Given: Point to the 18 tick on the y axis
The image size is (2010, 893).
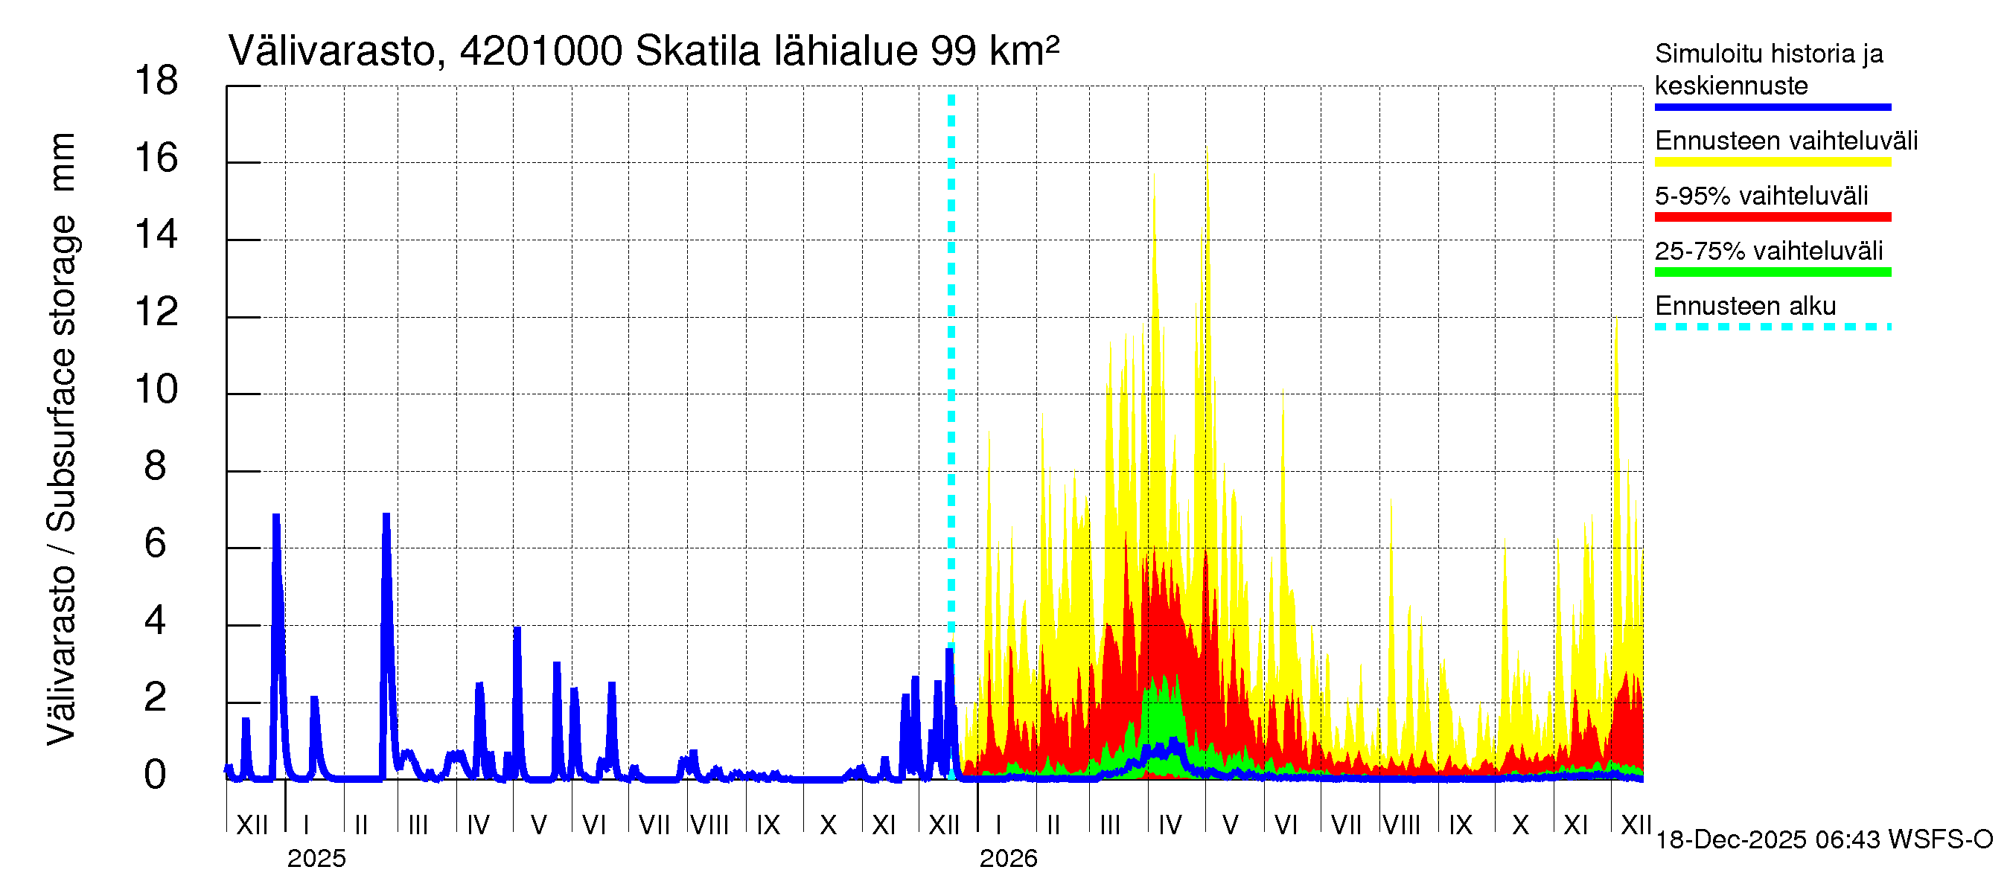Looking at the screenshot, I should (x=157, y=80).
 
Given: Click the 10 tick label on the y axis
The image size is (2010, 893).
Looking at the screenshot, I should (x=157, y=388).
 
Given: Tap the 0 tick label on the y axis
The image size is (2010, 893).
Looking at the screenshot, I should (x=156, y=775).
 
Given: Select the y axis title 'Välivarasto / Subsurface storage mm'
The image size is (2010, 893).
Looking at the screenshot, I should (x=62, y=438).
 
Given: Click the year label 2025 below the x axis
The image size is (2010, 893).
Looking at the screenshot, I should (x=316, y=859).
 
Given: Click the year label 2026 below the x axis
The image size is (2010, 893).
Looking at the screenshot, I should (x=1008, y=859).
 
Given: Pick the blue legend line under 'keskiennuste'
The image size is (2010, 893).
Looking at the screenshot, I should (x=1772, y=107).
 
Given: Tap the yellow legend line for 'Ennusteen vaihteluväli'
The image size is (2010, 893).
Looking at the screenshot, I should (x=1772, y=162).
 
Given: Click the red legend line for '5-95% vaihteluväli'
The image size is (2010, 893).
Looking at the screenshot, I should (x=1772, y=217).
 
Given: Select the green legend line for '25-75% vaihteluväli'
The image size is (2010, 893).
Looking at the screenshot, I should (x=1772, y=272).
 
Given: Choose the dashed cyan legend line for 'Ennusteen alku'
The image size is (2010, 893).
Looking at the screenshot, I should (x=1772, y=327).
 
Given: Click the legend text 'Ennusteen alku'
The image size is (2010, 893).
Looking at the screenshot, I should (x=1746, y=306).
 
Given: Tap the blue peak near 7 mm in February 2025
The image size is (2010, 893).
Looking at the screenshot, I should (x=386, y=516).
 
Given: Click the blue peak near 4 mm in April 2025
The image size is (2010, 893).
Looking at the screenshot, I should (x=517, y=630).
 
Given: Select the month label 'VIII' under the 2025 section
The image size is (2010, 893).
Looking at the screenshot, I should (x=709, y=825).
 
